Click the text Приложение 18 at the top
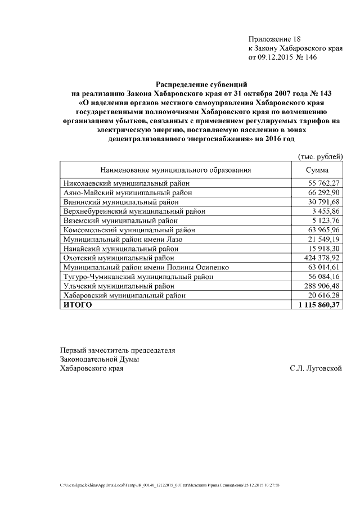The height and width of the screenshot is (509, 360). (x=274, y=39)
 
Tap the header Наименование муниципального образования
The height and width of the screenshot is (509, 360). (x=175, y=170)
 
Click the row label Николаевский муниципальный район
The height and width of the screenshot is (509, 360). (x=127, y=183)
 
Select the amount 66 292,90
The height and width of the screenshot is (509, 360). (x=324, y=192)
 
